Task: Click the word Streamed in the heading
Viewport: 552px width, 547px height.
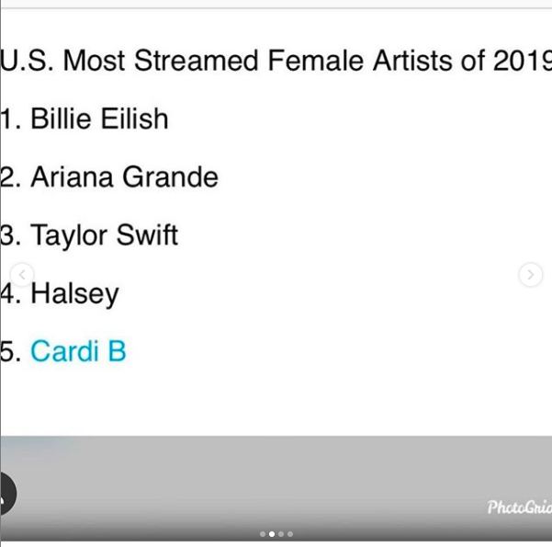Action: (196, 61)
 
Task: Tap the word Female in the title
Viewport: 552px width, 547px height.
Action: (315, 61)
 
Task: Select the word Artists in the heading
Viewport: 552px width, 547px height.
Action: (411, 61)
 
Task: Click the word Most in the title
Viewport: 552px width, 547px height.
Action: (94, 61)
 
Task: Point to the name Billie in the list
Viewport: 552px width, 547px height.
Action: (61, 119)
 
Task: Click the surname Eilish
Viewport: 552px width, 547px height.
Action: (134, 119)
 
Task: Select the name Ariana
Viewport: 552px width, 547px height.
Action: (72, 177)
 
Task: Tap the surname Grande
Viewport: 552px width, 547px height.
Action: (171, 177)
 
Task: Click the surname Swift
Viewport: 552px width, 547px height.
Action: (147, 234)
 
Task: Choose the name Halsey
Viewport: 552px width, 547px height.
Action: (74, 295)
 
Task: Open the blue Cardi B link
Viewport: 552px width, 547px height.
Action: (78, 351)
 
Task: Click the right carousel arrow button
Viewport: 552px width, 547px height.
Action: (531, 275)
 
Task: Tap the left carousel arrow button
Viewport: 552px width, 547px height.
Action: (22, 275)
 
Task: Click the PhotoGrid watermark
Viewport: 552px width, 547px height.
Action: (520, 507)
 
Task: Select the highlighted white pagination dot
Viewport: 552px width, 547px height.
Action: (272, 534)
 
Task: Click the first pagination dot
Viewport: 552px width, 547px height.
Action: (263, 534)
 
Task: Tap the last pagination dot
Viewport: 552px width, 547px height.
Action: (290, 534)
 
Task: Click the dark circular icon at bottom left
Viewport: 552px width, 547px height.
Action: (7, 494)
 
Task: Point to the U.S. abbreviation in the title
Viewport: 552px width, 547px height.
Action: (28, 61)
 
